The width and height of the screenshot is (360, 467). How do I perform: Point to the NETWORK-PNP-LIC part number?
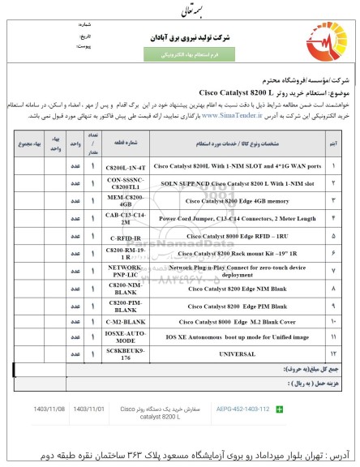coord(125,270)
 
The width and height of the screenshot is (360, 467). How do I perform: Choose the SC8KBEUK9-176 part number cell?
coord(125,353)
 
